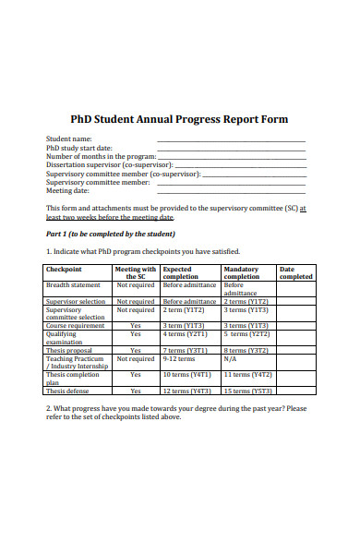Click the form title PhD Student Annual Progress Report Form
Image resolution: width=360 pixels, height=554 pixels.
click(180, 119)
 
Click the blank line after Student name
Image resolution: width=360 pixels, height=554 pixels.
click(231, 140)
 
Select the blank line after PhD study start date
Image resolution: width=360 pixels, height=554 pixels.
click(231, 149)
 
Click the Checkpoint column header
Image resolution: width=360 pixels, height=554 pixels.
click(64, 270)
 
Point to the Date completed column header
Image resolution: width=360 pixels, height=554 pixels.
click(296, 272)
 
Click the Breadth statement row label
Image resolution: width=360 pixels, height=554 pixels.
click(73, 285)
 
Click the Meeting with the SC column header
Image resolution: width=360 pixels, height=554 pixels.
click(136, 272)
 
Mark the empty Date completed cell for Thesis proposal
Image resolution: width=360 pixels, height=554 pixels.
click(296, 351)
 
